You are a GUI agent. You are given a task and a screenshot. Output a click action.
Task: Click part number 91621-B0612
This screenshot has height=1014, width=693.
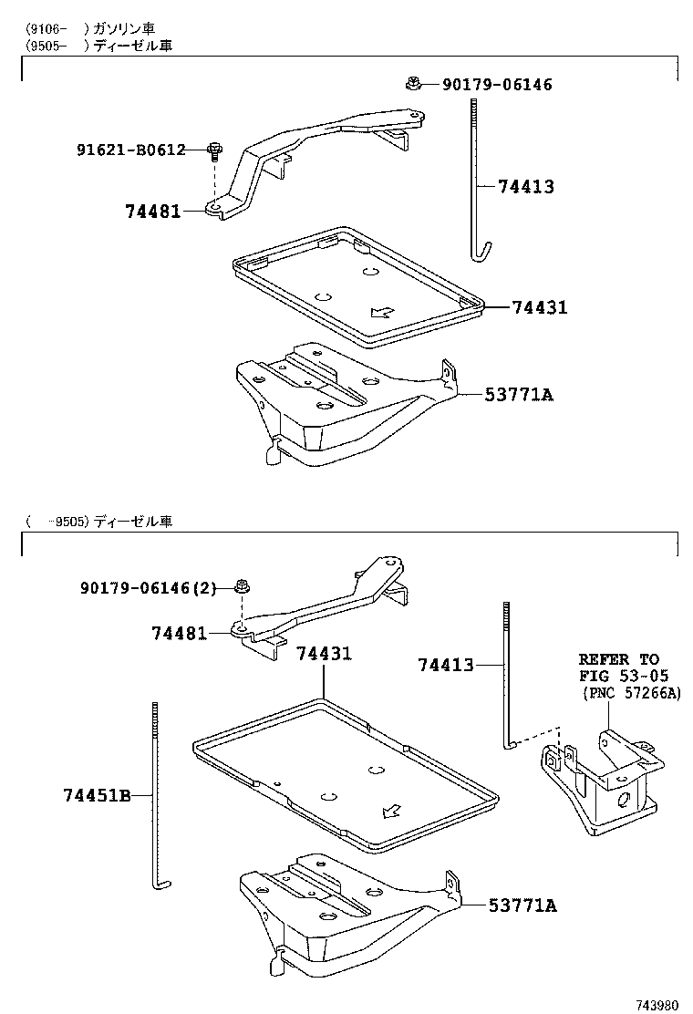click(x=130, y=150)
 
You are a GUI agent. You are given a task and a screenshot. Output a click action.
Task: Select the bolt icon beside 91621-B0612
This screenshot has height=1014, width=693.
click(x=214, y=149)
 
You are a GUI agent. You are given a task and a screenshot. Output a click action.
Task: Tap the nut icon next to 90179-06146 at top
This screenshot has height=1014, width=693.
click(x=414, y=85)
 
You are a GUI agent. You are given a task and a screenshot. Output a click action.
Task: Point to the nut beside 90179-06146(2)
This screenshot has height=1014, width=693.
click(x=243, y=586)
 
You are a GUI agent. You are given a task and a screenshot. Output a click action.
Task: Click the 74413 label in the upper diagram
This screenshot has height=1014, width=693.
click(x=526, y=187)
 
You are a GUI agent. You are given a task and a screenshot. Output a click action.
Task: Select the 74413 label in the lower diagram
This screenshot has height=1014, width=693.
click(x=446, y=666)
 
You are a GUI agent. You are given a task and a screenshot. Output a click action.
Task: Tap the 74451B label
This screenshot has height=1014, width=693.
click(x=96, y=796)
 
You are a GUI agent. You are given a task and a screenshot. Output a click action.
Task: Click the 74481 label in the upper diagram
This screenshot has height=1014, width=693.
click(x=152, y=212)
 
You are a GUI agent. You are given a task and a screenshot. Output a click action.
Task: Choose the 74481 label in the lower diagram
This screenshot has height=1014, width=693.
click(x=179, y=633)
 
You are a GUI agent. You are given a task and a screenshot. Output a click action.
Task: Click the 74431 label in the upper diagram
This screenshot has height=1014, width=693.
click(x=539, y=308)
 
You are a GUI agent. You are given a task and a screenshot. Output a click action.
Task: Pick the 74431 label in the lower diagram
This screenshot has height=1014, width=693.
click(x=324, y=654)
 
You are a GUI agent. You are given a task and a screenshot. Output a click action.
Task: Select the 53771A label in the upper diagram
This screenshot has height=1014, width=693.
click(x=520, y=395)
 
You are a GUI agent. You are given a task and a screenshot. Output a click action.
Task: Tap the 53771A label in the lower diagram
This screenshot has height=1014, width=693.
click(x=522, y=905)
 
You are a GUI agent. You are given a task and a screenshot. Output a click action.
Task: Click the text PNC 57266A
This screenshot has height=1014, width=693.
click(x=632, y=694)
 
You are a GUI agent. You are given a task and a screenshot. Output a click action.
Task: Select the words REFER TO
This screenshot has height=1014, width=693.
click(x=619, y=659)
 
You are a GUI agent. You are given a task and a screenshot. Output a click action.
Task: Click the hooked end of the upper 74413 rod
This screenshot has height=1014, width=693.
click(x=484, y=250)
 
